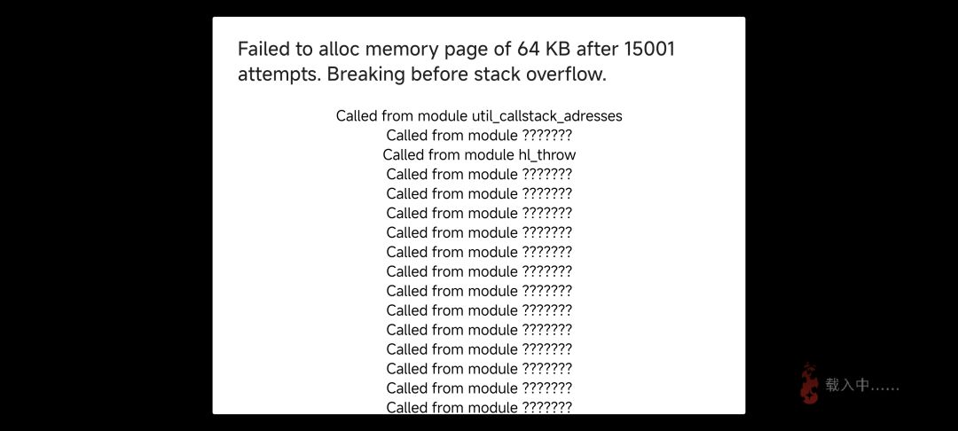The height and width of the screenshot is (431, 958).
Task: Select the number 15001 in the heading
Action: coord(649,49)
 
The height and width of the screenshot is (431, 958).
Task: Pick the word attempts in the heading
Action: coord(279,75)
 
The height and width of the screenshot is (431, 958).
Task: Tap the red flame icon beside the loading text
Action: coord(810,383)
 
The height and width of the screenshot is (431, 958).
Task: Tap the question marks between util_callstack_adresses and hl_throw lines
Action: coord(546,136)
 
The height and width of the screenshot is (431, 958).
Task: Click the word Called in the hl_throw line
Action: coord(405,155)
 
